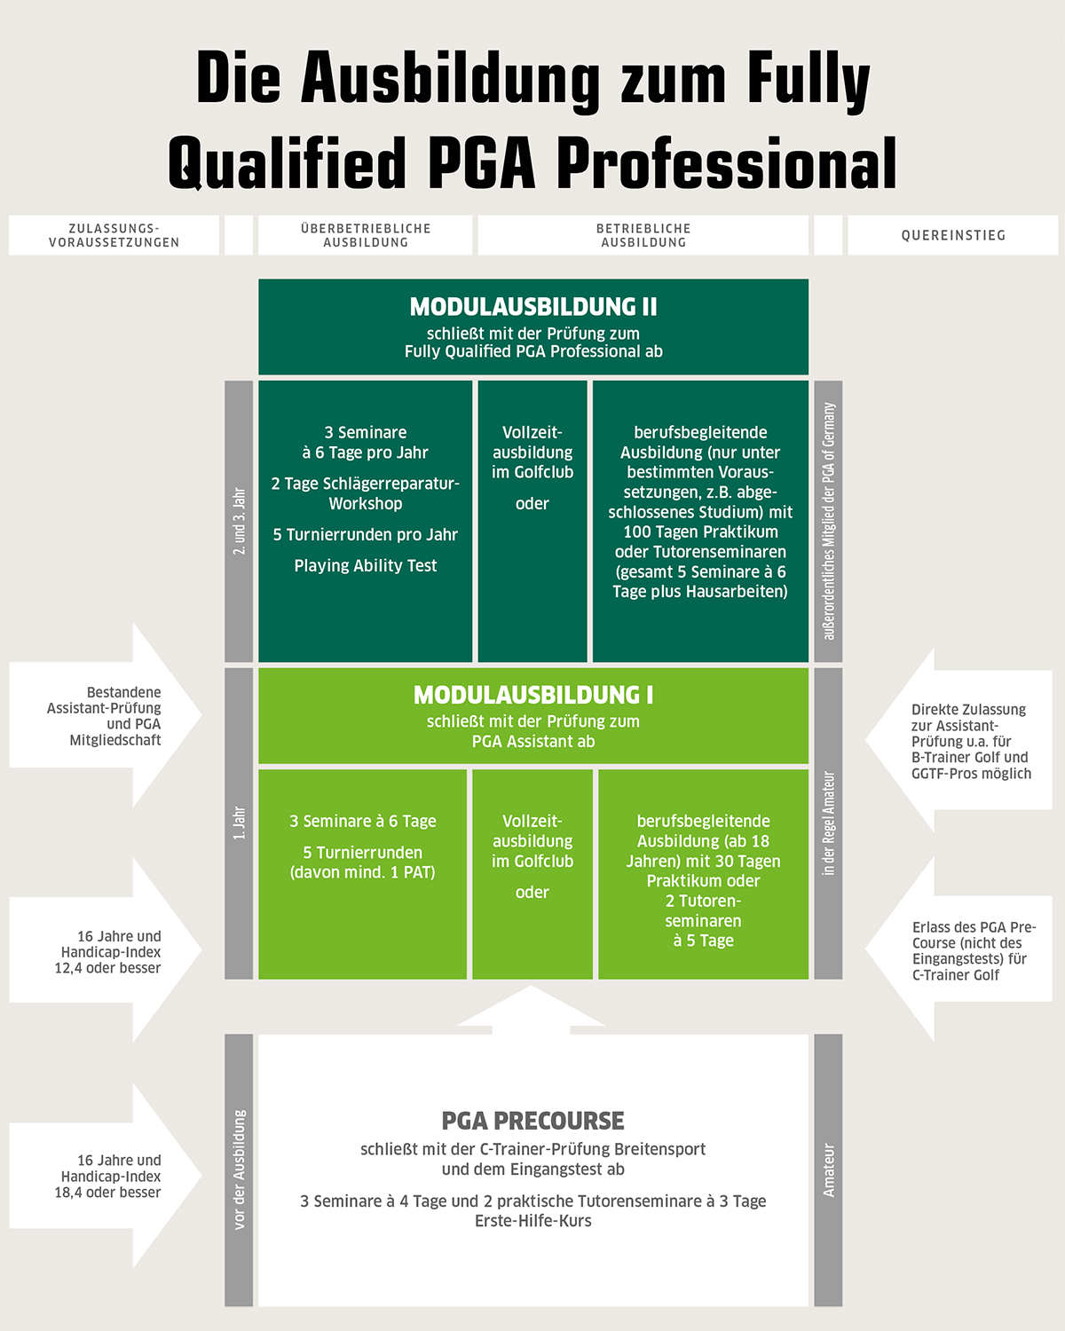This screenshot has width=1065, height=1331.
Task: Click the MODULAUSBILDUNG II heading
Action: [x=533, y=307]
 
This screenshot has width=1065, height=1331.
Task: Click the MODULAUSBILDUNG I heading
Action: [x=533, y=695]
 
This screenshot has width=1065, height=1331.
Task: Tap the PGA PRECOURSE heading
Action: [x=533, y=1121]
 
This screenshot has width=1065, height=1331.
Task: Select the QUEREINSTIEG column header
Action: [x=953, y=235]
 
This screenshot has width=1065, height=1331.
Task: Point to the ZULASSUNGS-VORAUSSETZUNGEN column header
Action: [x=114, y=235]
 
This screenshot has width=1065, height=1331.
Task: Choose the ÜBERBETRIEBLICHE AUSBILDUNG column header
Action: [x=366, y=235]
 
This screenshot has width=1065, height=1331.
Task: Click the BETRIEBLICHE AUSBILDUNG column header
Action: [x=643, y=235]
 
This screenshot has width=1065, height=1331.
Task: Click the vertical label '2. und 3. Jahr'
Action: [x=239, y=522]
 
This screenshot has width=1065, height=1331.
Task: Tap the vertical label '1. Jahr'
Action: [x=239, y=823]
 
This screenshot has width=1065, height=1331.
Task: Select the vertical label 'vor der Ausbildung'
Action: [x=239, y=1170]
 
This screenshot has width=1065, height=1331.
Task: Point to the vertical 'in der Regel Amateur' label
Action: [x=828, y=823]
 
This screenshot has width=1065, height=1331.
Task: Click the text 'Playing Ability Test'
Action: [x=366, y=566]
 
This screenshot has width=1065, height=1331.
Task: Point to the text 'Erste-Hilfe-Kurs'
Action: [x=533, y=1221]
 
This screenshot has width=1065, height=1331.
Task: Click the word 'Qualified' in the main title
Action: [x=287, y=164]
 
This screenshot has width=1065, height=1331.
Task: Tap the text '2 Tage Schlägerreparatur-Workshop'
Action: [x=366, y=493]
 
